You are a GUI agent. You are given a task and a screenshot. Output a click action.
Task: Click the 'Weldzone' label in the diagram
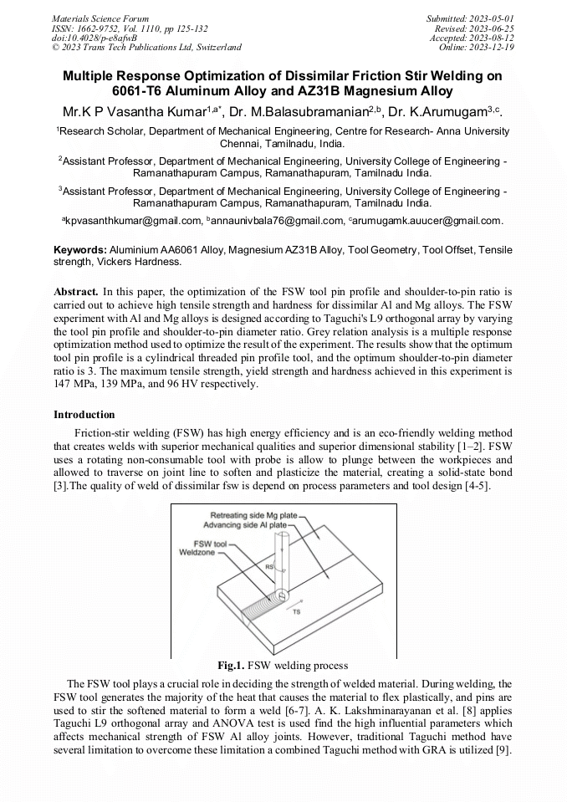pos(197,552)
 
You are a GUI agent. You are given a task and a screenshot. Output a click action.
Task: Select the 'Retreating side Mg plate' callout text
pos(253,515)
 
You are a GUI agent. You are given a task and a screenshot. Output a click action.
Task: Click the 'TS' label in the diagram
pos(297,612)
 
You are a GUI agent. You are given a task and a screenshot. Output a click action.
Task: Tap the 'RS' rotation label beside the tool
pos(269,567)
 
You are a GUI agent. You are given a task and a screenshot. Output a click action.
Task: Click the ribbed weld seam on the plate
pos(266,600)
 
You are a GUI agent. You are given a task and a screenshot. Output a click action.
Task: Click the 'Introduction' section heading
pos(84,415)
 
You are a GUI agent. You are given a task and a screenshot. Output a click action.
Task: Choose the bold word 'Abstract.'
pos(76,292)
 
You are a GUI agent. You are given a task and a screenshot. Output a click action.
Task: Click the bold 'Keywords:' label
pos(80,250)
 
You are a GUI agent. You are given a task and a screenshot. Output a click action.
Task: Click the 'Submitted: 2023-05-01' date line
pos(472,18)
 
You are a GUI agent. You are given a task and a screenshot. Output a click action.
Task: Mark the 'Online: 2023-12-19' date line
pos(477,48)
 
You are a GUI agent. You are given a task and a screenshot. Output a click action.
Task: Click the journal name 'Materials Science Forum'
pos(100,18)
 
